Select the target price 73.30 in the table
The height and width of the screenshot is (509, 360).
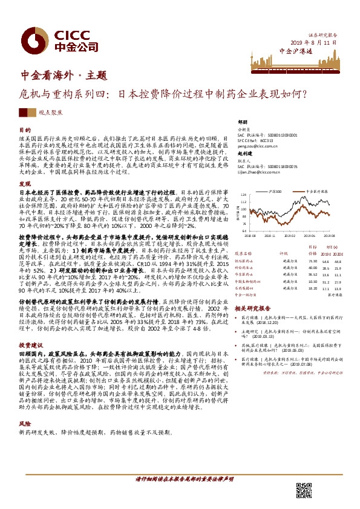click(x=312, y=260)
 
